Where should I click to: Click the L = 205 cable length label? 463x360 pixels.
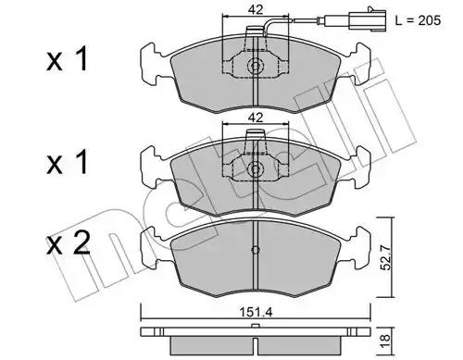pyautogui.click(x=418, y=20)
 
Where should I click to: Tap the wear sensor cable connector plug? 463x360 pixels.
pyautogui.click(x=368, y=20)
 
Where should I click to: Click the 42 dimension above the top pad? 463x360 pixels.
pyautogui.click(x=256, y=10)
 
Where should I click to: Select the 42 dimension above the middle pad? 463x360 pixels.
pyautogui.click(x=256, y=118)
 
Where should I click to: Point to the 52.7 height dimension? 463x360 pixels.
pyautogui.click(x=386, y=257)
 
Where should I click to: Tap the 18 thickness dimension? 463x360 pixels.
pyautogui.click(x=386, y=341)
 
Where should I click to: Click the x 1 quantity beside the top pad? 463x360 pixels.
pyautogui.click(x=68, y=59)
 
